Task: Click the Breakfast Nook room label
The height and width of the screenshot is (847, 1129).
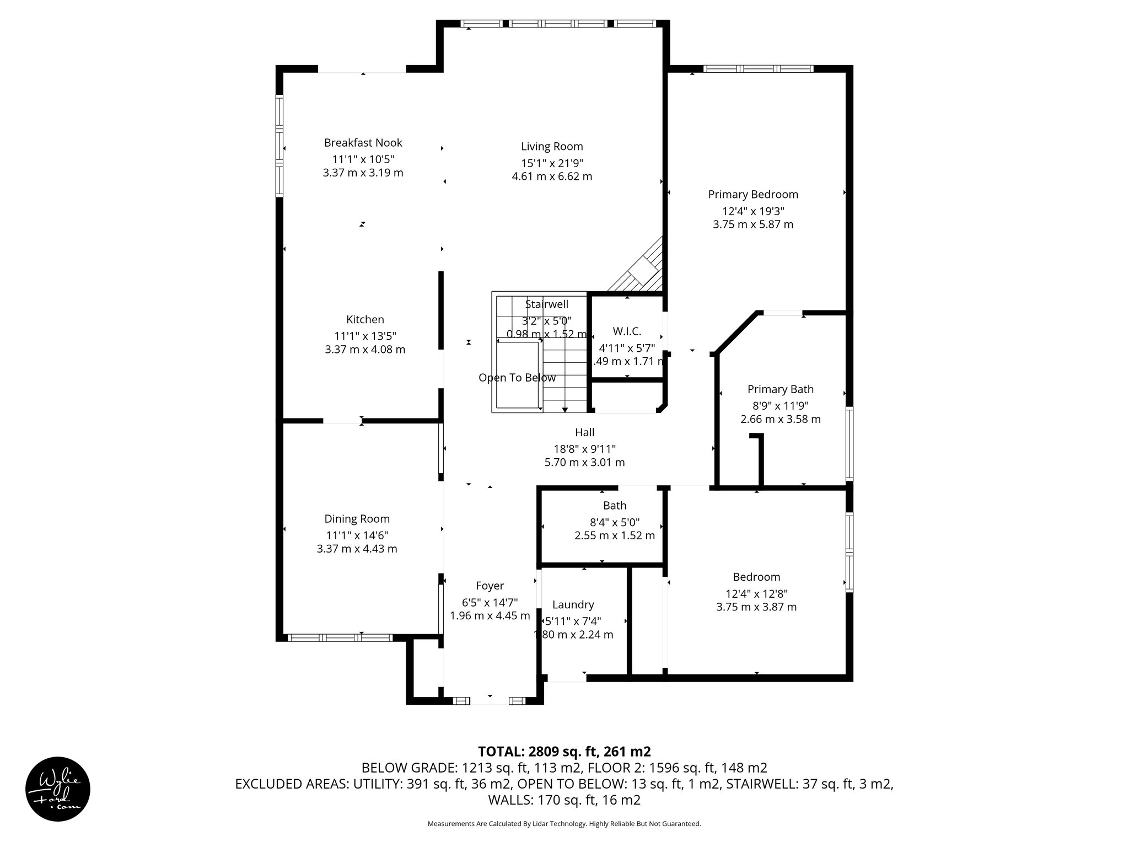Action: coord(363,143)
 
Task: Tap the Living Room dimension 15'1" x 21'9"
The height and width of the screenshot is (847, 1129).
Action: coord(552,163)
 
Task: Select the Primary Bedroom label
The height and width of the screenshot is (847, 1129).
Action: coord(752,195)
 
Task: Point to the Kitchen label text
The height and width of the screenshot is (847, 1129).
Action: coord(365,320)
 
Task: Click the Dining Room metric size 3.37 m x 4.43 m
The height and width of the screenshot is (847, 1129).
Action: coord(357,549)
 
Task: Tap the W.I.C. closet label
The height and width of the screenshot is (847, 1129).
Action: coord(627,331)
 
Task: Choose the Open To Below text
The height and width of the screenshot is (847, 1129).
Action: coord(517,378)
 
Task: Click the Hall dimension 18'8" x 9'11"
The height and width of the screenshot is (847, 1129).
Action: coord(584,449)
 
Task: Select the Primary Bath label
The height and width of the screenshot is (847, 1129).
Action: coord(780,389)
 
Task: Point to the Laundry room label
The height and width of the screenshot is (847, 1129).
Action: coord(573,605)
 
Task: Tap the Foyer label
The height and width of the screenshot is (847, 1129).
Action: coord(490,586)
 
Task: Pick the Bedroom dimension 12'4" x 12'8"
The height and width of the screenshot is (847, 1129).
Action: coord(756,594)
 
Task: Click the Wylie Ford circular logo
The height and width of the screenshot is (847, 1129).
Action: coord(58,789)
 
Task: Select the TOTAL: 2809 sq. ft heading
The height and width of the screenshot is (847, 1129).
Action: coord(564,752)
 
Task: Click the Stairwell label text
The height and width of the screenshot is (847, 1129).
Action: coord(546,304)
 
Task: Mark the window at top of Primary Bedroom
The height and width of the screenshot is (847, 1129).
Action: coord(758,69)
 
